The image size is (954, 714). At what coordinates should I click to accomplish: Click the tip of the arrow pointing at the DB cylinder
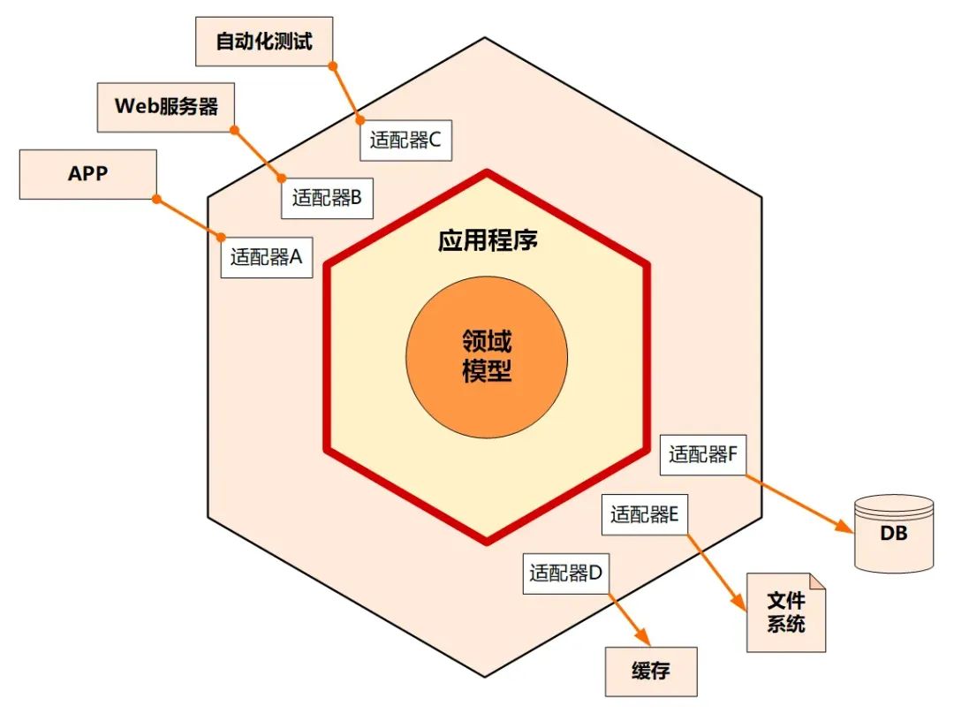click(x=853, y=531)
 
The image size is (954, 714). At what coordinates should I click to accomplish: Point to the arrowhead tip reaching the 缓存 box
click(x=650, y=645)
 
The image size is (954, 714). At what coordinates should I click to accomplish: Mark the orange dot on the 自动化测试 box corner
click(x=332, y=65)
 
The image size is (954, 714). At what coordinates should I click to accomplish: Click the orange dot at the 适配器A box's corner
click(x=222, y=238)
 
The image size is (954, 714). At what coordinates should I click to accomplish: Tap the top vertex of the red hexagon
click(x=487, y=171)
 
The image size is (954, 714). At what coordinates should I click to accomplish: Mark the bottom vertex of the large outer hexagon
click(x=485, y=677)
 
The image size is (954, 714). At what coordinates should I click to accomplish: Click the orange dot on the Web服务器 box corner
click(x=234, y=130)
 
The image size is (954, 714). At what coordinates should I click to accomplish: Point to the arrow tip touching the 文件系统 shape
click(x=746, y=611)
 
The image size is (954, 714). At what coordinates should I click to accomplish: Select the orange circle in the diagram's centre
click(x=487, y=357)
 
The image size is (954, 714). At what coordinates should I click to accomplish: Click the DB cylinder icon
click(x=894, y=533)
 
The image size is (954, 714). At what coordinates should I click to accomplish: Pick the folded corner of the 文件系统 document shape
click(x=817, y=581)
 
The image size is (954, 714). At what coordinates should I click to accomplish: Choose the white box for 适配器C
click(x=405, y=141)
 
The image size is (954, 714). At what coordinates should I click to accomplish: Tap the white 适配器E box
click(x=645, y=515)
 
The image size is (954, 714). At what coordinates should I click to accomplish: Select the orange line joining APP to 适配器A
click(x=189, y=218)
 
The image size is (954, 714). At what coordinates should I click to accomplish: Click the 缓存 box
click(x=651, y=672)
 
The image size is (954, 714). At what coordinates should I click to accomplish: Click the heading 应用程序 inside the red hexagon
click(x=488, y=241)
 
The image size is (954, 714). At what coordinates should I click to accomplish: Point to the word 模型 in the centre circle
click(x=487, y=371)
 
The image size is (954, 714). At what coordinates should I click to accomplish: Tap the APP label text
click(x=88, y=174)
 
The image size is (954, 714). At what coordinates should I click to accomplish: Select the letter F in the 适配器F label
click(x=732, y=454)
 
